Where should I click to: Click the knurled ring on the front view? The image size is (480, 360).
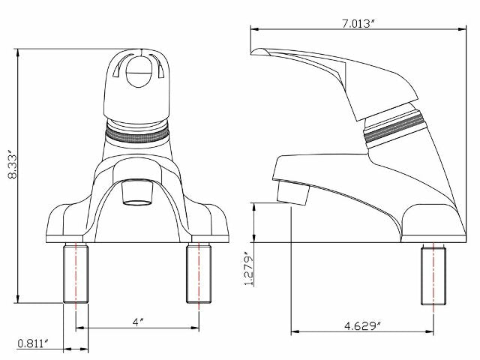point(136,132)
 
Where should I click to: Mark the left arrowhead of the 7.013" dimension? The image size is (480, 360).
point(253,31)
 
